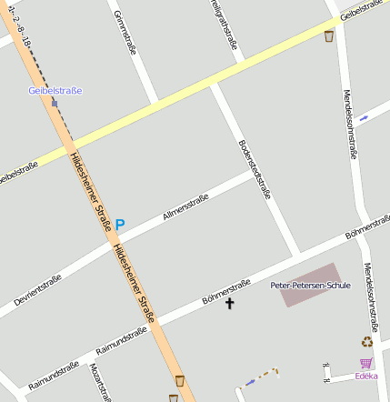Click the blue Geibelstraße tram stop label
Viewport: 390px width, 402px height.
pos(55,90)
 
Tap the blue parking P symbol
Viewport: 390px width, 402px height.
pos(120,224)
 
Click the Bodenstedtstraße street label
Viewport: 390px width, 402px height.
pos(255,168)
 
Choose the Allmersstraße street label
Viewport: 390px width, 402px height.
pos(185,208)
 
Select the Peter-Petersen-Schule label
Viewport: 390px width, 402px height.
pos(310,285)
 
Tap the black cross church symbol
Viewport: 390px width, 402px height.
pos(230,303)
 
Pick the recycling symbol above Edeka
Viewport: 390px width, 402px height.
pos(366,342)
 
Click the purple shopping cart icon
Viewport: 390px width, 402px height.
pos(366,363)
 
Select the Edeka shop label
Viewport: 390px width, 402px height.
pos(366,375)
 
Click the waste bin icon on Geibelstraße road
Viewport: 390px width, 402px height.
pos(329,36)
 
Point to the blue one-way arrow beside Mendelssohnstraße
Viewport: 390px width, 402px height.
pos(364,117)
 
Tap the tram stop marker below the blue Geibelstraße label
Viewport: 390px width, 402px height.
pos(54,103)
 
